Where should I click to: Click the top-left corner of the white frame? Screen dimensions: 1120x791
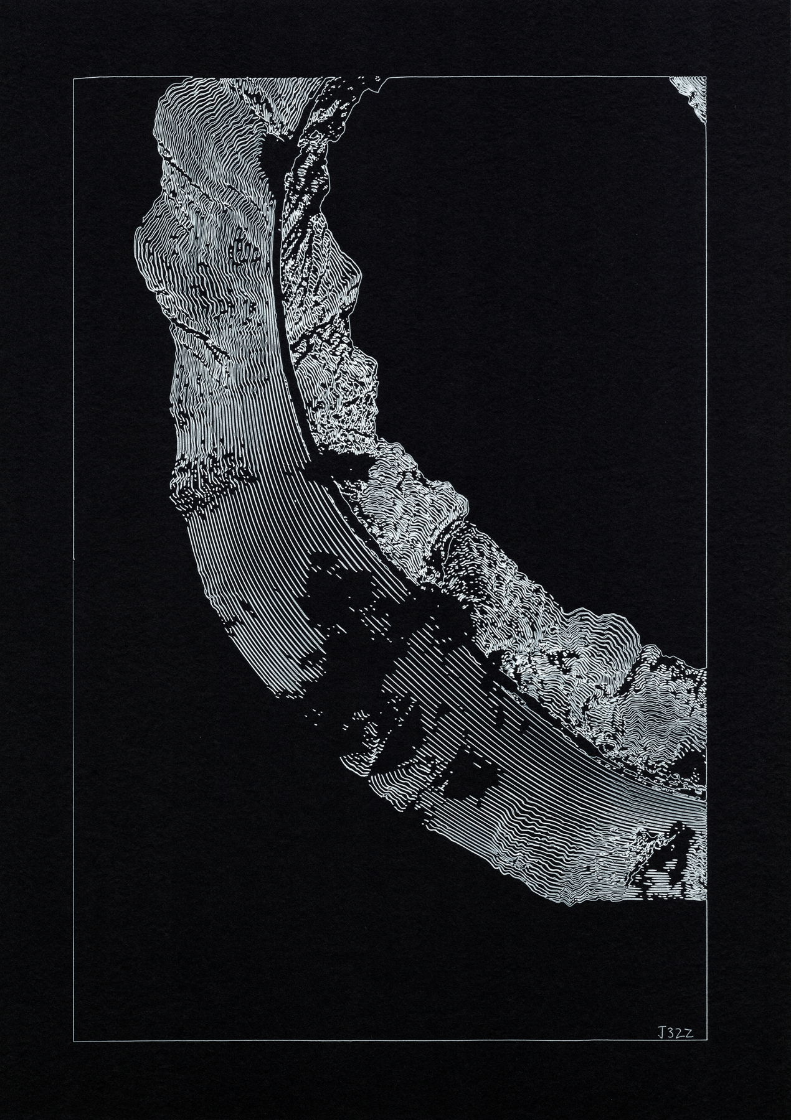(x=73, y=80)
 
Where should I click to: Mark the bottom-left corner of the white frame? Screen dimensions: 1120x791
(x=73, y=1040)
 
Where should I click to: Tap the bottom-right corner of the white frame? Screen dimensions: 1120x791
(x=708, y=1040)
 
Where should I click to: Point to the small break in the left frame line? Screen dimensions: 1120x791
(x=73, y=559)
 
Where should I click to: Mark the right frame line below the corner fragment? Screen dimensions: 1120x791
(x=708, y=373)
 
